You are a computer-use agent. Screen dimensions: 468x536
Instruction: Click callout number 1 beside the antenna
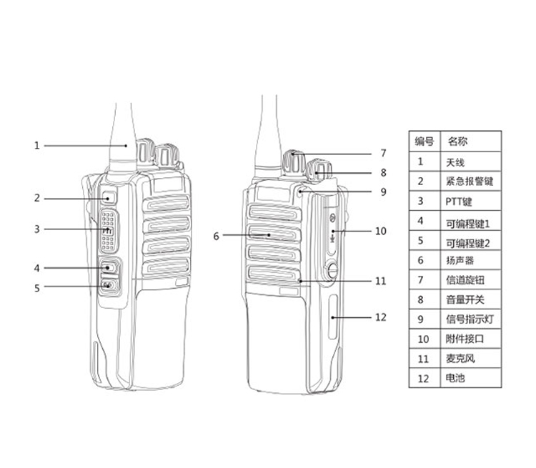click(36, 146)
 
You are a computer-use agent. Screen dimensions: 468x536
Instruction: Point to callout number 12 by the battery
click(380, 317)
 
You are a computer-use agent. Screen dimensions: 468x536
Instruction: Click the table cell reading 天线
click(455, 162)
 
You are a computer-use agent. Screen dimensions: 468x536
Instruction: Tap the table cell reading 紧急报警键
click(469, 181)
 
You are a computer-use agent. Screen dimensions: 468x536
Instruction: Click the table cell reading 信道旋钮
click(465, 280)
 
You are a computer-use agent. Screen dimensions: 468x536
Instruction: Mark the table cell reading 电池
click(455, 378)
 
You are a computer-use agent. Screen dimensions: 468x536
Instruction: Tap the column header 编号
click(424, 141)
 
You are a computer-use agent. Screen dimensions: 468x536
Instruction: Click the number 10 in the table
click(424, 339)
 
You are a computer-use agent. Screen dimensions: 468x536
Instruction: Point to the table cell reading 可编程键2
click(468, 242)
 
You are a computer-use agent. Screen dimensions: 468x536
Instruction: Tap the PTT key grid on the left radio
click(108, 230)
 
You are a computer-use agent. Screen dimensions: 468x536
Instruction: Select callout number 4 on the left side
click(36, 268)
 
